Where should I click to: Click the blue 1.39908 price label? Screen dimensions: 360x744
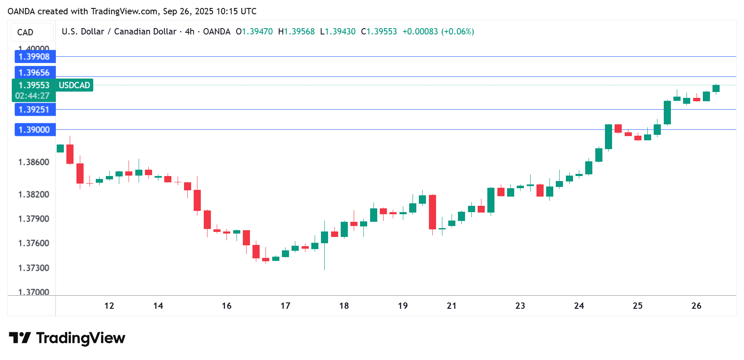pos(34,57)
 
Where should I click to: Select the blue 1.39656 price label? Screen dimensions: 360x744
pos(34,73)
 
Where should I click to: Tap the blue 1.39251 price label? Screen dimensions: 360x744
pos(34,110)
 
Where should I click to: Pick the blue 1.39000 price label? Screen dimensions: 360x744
pos(34,130)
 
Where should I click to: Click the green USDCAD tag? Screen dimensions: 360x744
pos(74,85)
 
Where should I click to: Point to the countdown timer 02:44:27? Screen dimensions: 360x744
pos(32,96)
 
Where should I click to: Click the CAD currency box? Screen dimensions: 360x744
pos(25,32)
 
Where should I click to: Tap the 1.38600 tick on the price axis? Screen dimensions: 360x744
pos(34,162)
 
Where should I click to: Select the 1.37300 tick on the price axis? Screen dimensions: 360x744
pos(34,268)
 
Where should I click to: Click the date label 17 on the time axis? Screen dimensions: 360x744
pos(285,306)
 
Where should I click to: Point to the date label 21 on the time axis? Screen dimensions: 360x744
pos(452,306)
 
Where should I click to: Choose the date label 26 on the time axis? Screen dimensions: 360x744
pos(696,306)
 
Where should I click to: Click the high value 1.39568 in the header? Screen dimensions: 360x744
pos(299,32)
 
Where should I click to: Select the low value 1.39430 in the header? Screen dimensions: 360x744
pos(340,32)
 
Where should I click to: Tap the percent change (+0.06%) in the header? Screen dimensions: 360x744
pos(457,32)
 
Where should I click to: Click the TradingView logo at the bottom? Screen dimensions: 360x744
pos(67,338)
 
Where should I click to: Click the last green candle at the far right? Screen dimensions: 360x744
pos(716,88)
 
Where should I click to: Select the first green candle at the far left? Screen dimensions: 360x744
pos(60,148)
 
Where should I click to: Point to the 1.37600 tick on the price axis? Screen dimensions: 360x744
pos(34,243)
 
